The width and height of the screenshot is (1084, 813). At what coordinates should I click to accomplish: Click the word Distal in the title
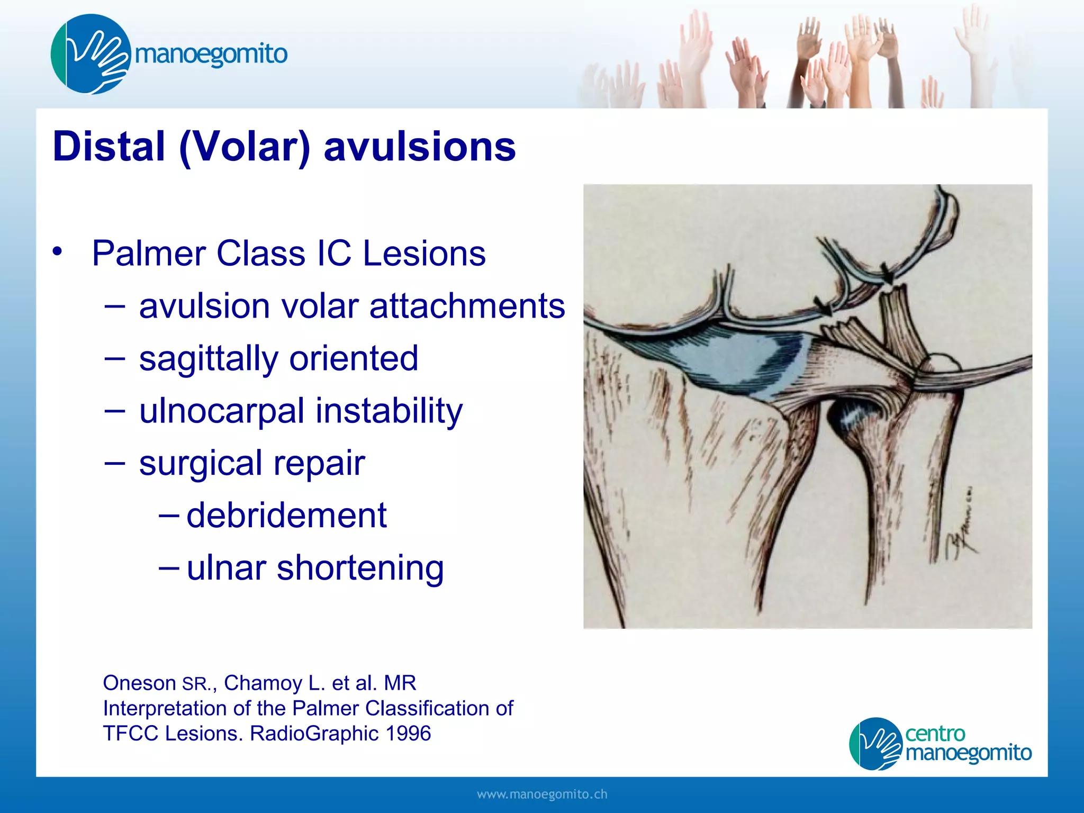tap(109, 147)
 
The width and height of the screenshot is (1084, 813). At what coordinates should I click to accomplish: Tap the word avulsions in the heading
tap(419, 147)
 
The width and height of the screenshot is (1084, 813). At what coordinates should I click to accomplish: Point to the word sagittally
tap(208, 358)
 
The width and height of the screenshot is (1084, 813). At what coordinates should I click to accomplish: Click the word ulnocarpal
tap(222, 411)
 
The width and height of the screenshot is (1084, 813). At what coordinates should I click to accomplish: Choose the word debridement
tap(286, 516)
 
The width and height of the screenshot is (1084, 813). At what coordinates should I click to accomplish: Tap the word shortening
tap(360, 568)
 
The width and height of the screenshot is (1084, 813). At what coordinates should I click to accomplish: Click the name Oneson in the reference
tap(139, 683)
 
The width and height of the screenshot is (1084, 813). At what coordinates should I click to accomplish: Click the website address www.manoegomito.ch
tap(541, 794)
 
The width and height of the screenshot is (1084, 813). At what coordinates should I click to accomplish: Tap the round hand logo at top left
tap(91, 55)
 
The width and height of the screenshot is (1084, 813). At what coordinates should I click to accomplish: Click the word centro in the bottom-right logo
tap(935, 734)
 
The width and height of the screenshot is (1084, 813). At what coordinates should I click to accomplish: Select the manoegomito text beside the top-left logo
tap(211, 55)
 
